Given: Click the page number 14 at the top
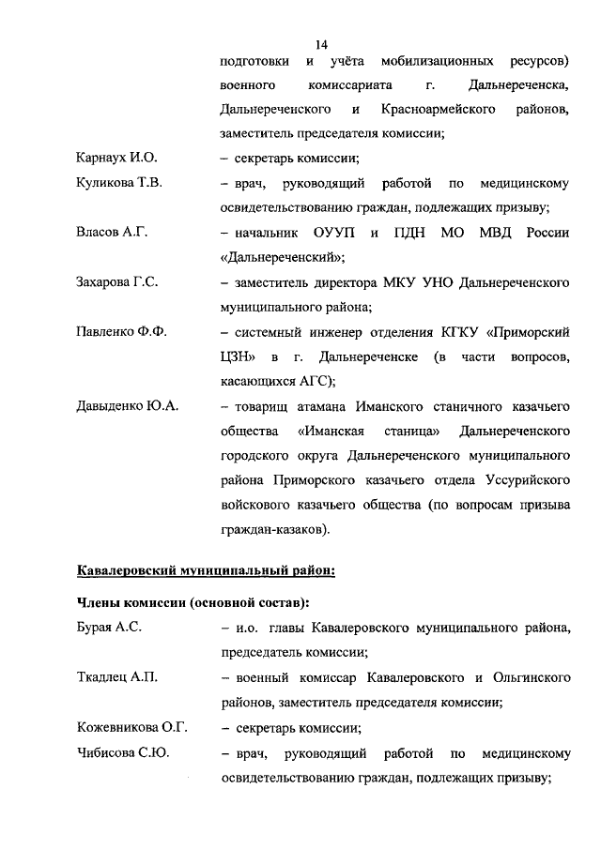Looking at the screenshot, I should click(322, 44).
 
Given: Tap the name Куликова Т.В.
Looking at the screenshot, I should click(118, 183).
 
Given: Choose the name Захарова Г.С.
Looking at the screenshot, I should click(116, 280).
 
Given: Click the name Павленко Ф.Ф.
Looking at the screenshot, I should click(120, 331).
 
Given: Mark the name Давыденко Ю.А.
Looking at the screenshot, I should click(127, 406).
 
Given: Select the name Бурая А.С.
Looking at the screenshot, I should click(108, 627).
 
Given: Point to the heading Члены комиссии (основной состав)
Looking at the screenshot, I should click(193, 601).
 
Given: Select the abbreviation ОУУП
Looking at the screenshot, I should click(324, 232).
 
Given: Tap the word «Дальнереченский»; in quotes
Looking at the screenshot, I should click(281, 256).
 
